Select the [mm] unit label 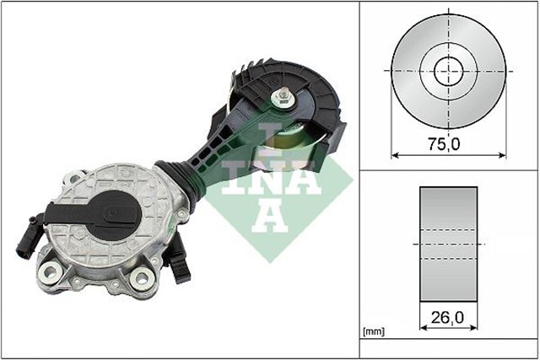(x=372, y=332)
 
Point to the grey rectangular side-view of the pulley (x=448, y=244)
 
